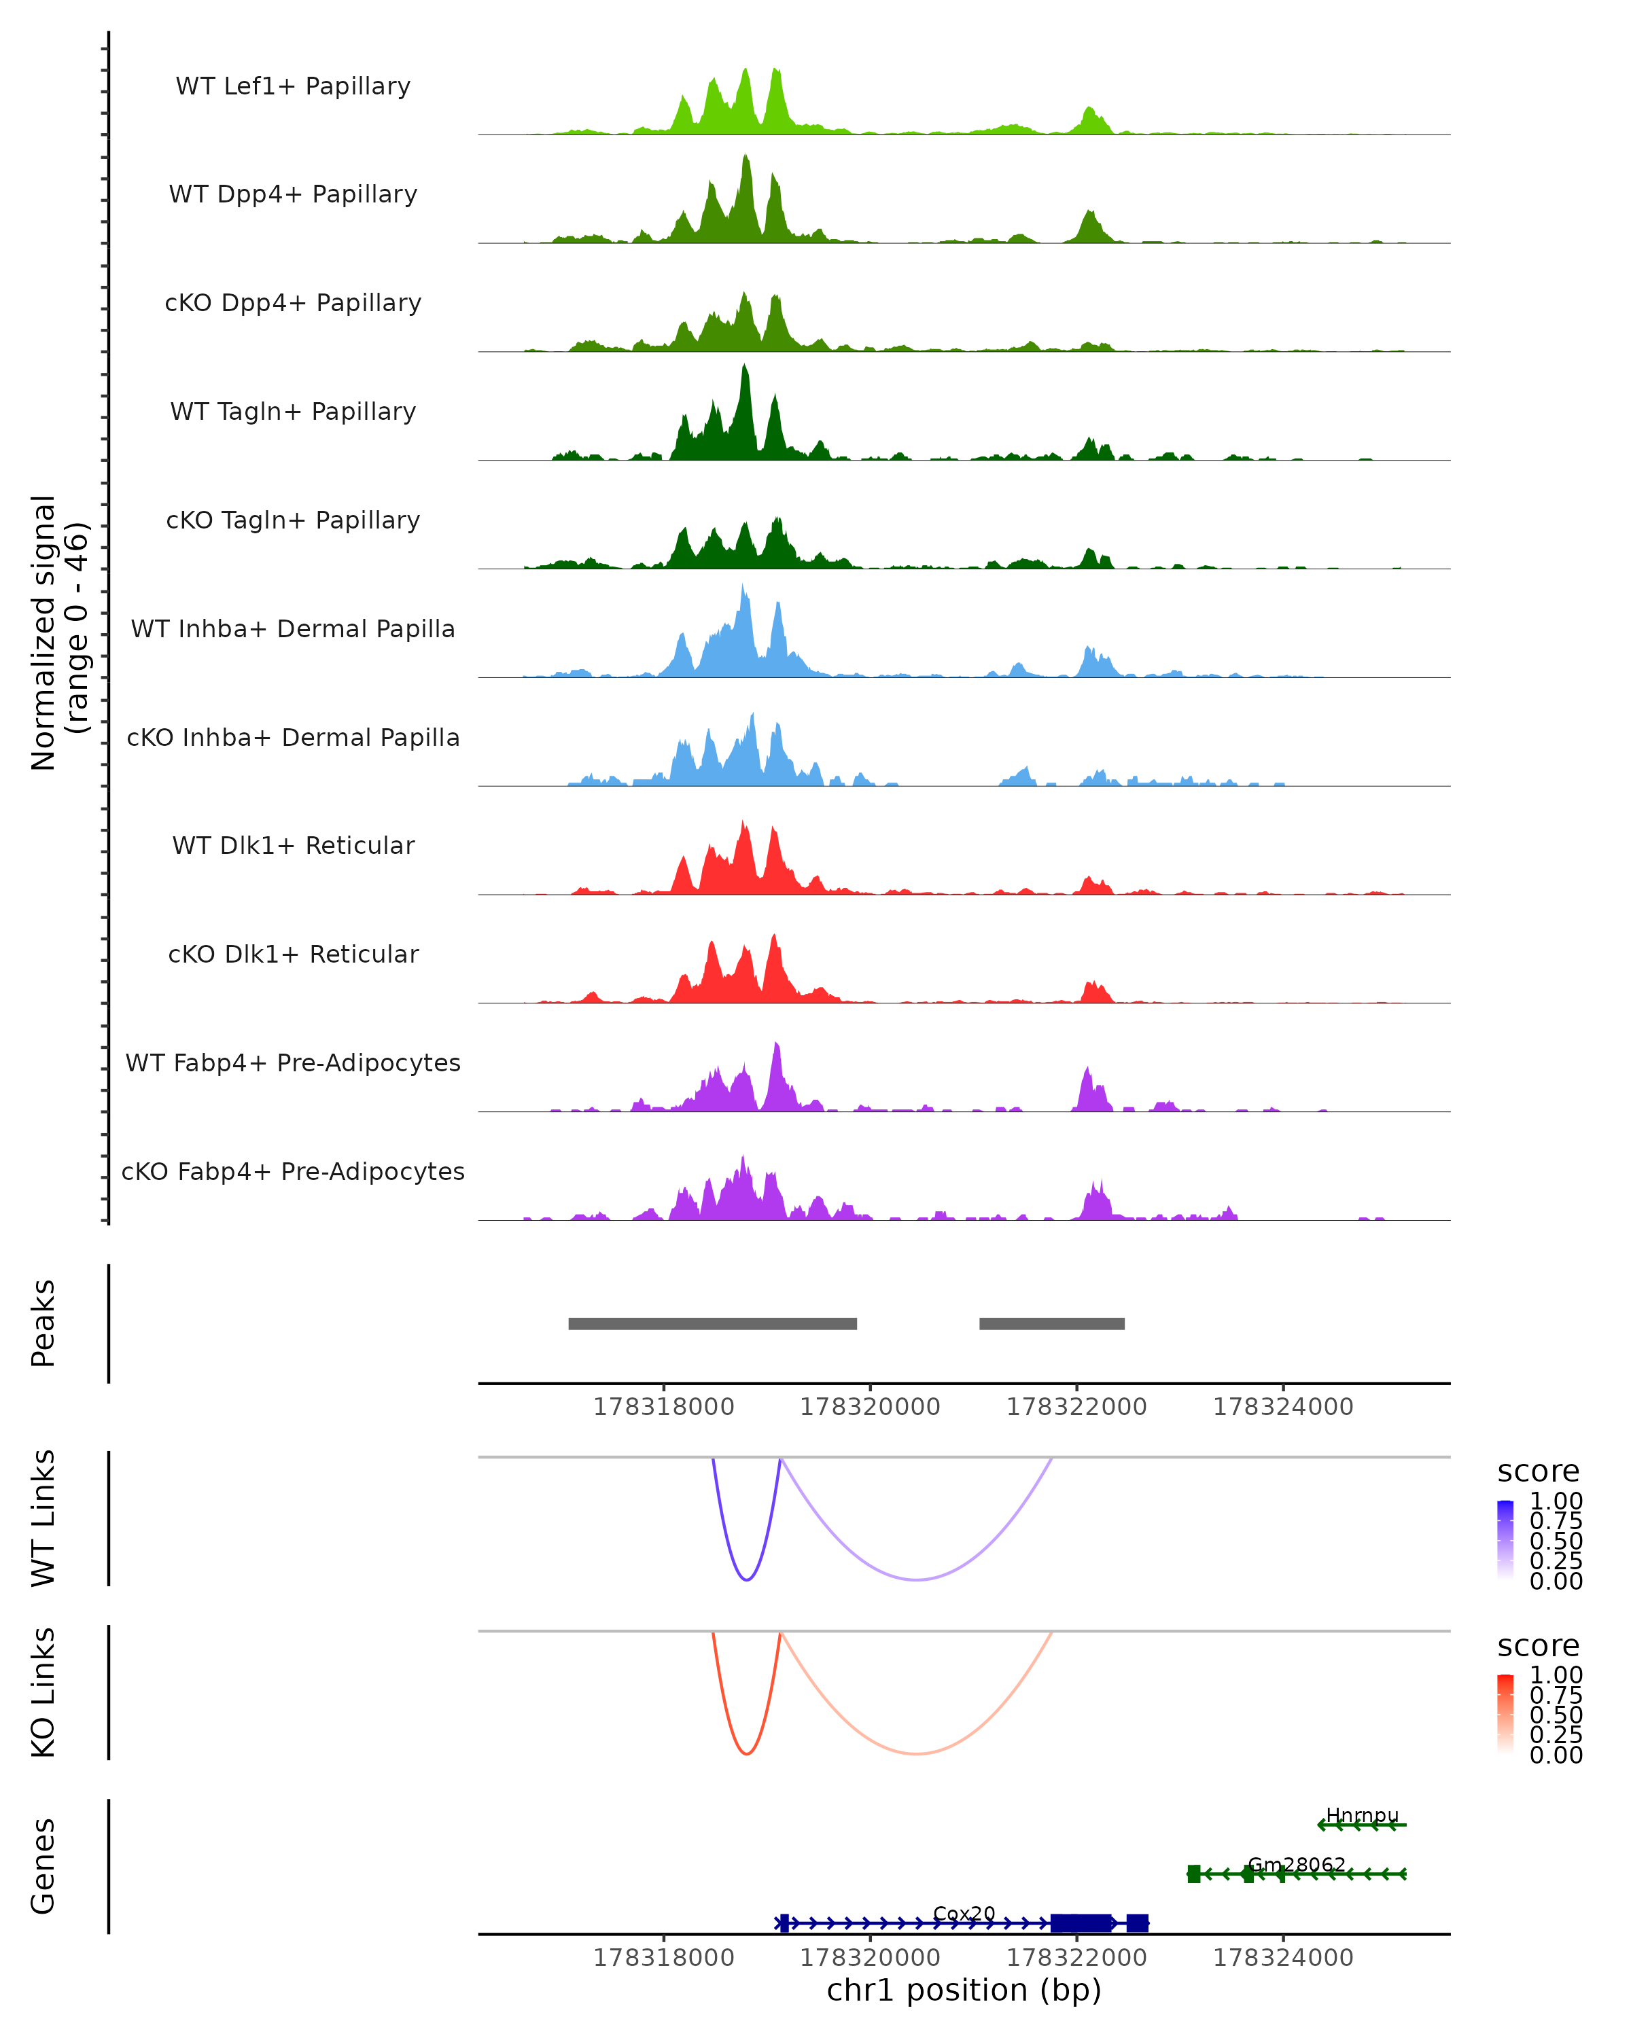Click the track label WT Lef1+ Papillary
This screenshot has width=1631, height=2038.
pos(293,86)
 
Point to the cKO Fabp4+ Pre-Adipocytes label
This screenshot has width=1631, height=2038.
pos(293,1171)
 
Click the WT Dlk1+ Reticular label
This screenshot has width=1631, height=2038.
pos(293,845)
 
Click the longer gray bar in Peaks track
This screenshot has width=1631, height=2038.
pos(712,1323)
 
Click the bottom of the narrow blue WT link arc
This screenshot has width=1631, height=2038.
pos(747,1579)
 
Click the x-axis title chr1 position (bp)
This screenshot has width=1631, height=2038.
pos(964,1990)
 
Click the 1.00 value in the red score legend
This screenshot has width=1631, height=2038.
pos(1556,1675)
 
